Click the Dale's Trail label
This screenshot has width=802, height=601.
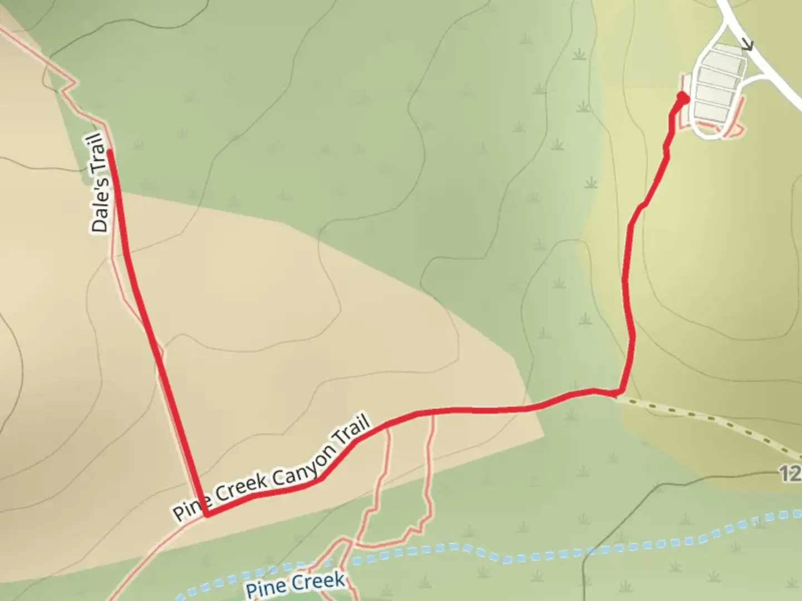click(x=99, y=182)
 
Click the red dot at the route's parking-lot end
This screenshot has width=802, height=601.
click(x=682, y=98)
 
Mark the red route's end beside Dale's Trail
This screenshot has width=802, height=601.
click(x=110, y=152)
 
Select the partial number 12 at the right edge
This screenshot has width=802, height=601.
click(x=791, y=475)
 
